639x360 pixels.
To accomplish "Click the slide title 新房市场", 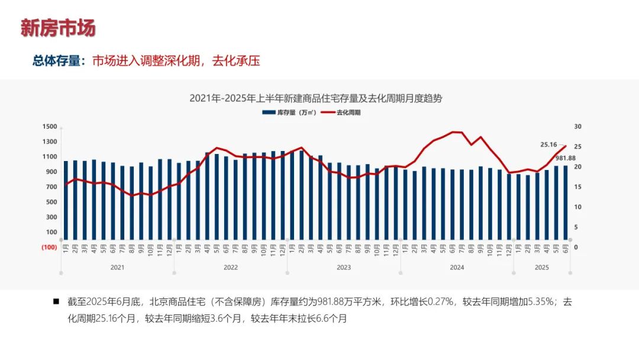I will pyautogui.click(x=58, y=28).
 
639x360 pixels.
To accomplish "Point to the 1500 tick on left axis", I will pyautogui.click(x=50, y=127).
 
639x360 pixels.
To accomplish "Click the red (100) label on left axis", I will pyautogui.click(x=49, y=247).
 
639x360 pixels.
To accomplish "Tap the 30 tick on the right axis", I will pyautogui.click(x=577, y=127).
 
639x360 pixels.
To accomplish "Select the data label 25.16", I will pyautogui.click(x=548, y=144).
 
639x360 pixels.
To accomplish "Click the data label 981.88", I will pyautogui.click(x=566, y=158).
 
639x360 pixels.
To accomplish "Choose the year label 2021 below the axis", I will pyautogui.click(x=117, y=268).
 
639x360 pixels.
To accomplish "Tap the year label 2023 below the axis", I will pyautogui.click(x=343, y=268).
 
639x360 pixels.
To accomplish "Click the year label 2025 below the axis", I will pyautogui.click(x=541, y=268).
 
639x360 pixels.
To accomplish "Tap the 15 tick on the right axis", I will pyautogui.click(x=577, y=187).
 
